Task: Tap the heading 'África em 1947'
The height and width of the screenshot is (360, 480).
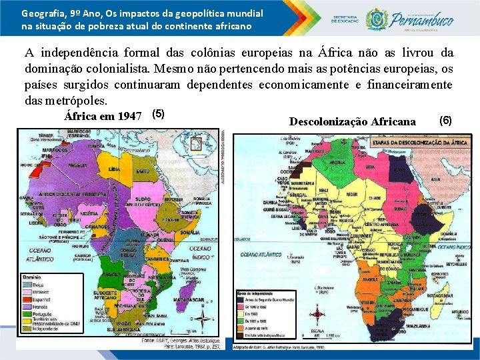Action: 104,115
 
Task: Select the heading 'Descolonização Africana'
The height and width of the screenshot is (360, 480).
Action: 353,121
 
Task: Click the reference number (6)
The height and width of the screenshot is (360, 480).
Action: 446,121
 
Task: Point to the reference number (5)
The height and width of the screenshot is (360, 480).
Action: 159,113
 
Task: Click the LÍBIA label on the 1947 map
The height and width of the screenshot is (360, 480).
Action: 115,169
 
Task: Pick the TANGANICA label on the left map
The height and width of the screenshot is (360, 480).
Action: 158,259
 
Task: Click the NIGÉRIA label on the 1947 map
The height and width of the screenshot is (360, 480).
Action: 89,214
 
